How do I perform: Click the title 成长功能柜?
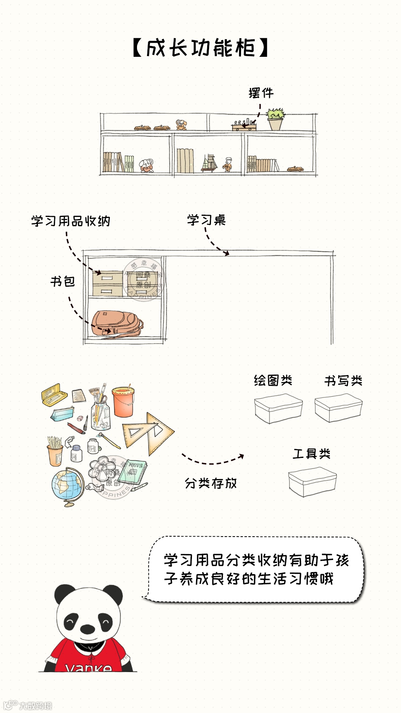200,48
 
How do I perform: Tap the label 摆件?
261,93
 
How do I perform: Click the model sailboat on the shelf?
209,163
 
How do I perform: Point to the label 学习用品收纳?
71,221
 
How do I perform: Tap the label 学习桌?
206,220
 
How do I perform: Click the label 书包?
63,281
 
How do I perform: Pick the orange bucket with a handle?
123,401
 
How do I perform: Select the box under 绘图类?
278,408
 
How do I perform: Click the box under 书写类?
338,408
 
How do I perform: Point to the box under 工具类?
312,482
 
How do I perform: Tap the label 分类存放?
211,483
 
